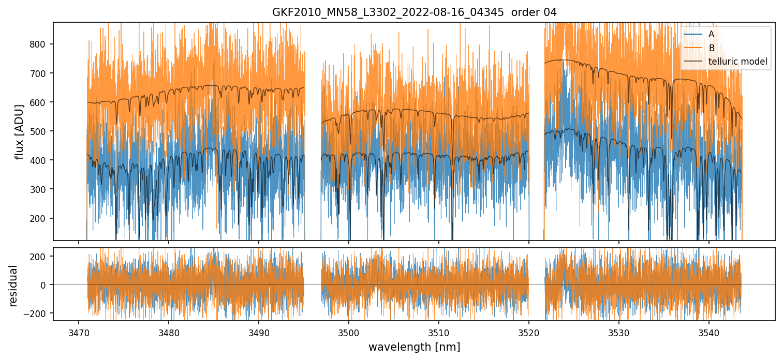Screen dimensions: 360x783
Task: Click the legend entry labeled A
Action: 711,34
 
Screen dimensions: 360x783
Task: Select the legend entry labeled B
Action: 711,48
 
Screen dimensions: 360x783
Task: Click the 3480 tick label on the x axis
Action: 169,332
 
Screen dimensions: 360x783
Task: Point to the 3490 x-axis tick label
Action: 259,332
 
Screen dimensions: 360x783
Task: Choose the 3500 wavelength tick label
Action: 349,332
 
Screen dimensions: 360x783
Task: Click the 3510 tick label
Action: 439,332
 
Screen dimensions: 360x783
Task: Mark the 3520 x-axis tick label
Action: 529,332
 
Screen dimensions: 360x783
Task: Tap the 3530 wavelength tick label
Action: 619,332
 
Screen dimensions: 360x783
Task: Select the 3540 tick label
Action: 709,332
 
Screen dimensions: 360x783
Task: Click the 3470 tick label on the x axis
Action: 79,332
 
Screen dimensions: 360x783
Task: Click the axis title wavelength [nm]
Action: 414,347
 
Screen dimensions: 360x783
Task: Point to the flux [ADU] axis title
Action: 20,131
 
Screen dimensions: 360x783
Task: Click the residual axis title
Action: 13,285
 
